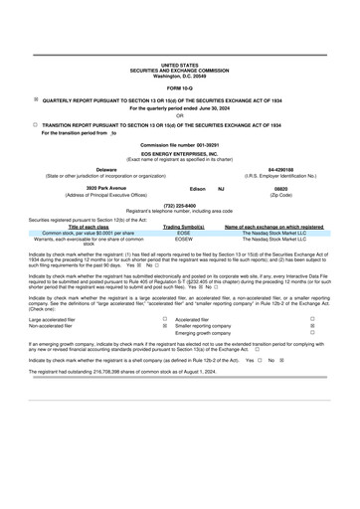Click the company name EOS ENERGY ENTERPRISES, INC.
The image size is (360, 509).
(x=180, y=154)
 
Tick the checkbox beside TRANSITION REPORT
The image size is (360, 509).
(x=37, y=125)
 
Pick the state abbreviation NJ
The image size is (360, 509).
(x=221, y=187)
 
